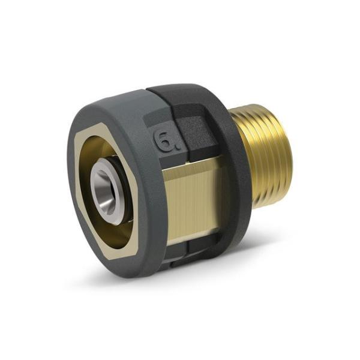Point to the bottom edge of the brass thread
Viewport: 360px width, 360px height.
(x=264, y=207)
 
